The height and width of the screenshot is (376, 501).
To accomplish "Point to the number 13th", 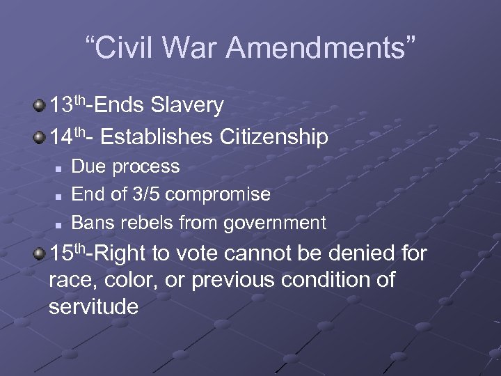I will point(67,106).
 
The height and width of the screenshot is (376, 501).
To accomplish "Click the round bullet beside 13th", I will point(40,105).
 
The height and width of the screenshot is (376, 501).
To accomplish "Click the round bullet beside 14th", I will point(40,136).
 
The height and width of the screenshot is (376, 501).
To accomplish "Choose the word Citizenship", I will point(273,137).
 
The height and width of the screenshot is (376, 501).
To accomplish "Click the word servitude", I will point(94,306).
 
